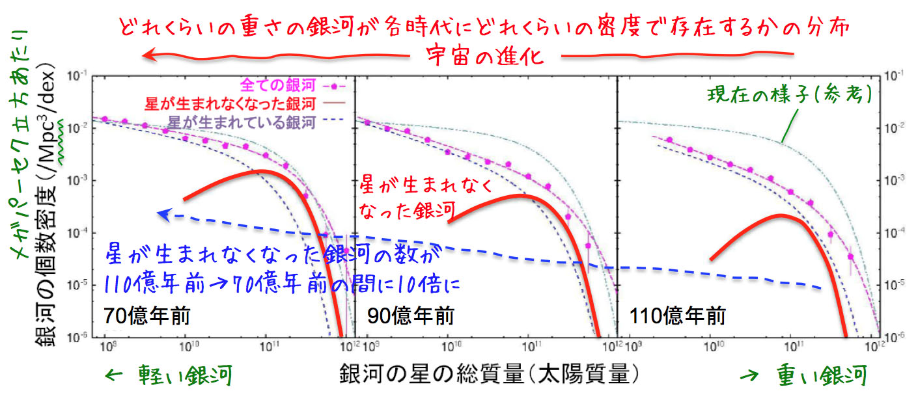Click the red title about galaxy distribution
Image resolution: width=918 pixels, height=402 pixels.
(486, 28)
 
